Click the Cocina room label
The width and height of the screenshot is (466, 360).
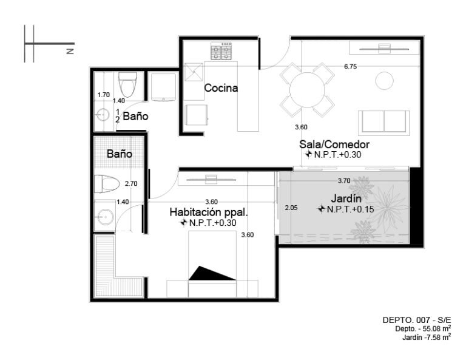[x=221, y=88]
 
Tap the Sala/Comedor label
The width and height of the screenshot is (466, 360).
[x=334, y=144]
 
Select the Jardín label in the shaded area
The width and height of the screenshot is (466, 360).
[x=346, y=199]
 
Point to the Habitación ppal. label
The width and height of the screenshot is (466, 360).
[x=209, y=212]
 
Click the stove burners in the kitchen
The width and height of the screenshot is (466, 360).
[x=221, y=51]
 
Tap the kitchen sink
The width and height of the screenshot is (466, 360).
[x=194, y=72]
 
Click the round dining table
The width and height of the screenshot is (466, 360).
[x=307, y=90]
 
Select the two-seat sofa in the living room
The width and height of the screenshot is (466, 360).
[x=384, y=121]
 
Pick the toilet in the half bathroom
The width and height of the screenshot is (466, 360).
[x=127, y=84]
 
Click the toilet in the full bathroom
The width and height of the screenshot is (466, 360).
[x=107, y=184]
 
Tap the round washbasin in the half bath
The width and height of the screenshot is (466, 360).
[x=103, y=115]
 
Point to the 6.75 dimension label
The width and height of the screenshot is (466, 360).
[x=350, y=67]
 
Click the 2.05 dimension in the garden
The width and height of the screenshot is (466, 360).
[x=291, y=208]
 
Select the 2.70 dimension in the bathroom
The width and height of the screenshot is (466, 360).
[x=131, y=184]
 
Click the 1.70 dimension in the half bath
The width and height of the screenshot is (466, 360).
[x=104, y=95]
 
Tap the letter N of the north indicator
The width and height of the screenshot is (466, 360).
[x=70, y=51]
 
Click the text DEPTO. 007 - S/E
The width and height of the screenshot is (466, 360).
[x=417, y=320]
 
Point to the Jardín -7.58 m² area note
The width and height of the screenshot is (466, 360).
[x=427, y=337]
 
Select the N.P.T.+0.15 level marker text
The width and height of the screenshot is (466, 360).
[x=350, y=209]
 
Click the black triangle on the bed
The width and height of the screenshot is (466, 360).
[x=212, y=273]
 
